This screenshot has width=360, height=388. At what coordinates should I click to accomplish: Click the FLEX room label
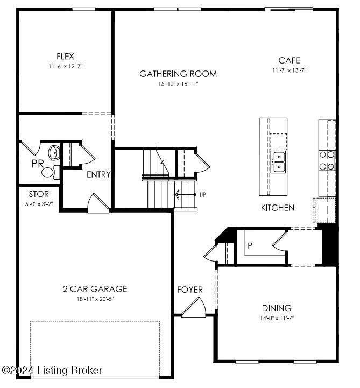pos(65,57)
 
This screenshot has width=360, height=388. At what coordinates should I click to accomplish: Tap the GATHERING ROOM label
pos(178,74)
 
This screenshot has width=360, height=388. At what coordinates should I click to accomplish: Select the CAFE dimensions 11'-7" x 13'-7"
pos(289,70)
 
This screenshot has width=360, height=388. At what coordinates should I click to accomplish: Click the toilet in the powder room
pos(51,172)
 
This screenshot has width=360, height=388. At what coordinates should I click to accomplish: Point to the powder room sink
pos(54,152)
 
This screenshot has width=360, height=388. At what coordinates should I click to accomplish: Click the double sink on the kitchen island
pos(279,161)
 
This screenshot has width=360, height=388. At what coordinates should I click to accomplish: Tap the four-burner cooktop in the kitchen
pos(327,160)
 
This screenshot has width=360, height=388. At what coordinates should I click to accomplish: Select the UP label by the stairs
pos(203,195)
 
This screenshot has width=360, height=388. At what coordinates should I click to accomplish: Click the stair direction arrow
pos(186,195)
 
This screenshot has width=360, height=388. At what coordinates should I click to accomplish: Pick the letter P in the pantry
pos(250,245)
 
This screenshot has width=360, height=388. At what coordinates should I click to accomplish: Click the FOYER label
pos(190,290)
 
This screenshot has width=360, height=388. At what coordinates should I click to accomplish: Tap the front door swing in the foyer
pos(194,307)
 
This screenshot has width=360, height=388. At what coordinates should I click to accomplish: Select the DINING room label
pos(277,308)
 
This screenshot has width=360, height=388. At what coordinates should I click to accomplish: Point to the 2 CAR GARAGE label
pos(95,289)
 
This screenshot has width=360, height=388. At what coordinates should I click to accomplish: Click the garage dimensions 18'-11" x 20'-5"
pos(95,299)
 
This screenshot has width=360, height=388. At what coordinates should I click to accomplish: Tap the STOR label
pos(39,194)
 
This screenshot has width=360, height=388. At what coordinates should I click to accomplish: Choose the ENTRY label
pos(98,174)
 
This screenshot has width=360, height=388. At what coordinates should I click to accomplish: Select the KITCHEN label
pos(278,208)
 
